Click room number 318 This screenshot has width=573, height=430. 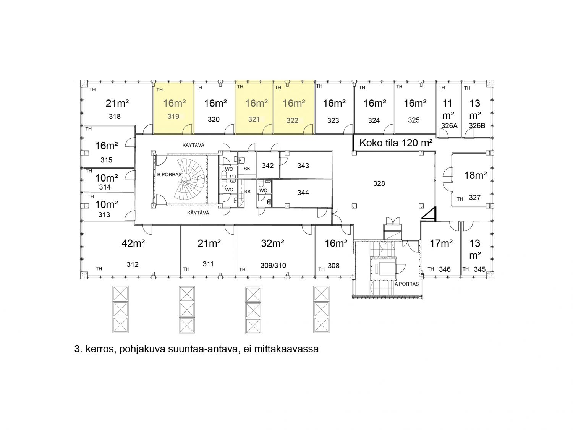tap(115, 117)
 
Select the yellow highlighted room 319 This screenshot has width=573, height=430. tap(173, 107)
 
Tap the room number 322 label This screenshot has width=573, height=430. tap(292, 121)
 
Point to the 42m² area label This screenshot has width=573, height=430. tap(133, 243)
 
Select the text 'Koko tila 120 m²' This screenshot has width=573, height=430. tap(396, 143)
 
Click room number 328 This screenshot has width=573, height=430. tap(379, 183)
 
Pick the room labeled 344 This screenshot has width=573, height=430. tap(303, 193)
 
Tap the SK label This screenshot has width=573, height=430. tap(247, 169)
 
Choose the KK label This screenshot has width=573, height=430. tap(248, 191)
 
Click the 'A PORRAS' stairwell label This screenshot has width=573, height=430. tap(406, 284)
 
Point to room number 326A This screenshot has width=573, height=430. tap(449, 126)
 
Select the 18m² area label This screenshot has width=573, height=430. tap(475, 175)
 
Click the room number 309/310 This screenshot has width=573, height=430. tap(273, 266)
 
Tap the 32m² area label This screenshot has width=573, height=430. tap(272, 243)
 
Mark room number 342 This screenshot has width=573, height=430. tap(267, 166)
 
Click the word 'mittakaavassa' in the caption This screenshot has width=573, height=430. tap(286, 349)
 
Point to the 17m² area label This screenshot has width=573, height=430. tap(441, 243)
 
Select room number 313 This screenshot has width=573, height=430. tap(104, 214)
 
